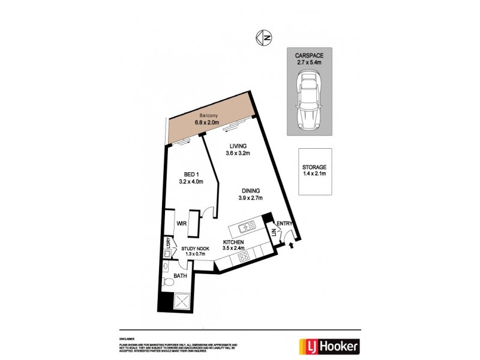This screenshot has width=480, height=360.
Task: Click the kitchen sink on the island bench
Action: [246, 227]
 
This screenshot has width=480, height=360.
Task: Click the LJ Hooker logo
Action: [329, 346]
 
